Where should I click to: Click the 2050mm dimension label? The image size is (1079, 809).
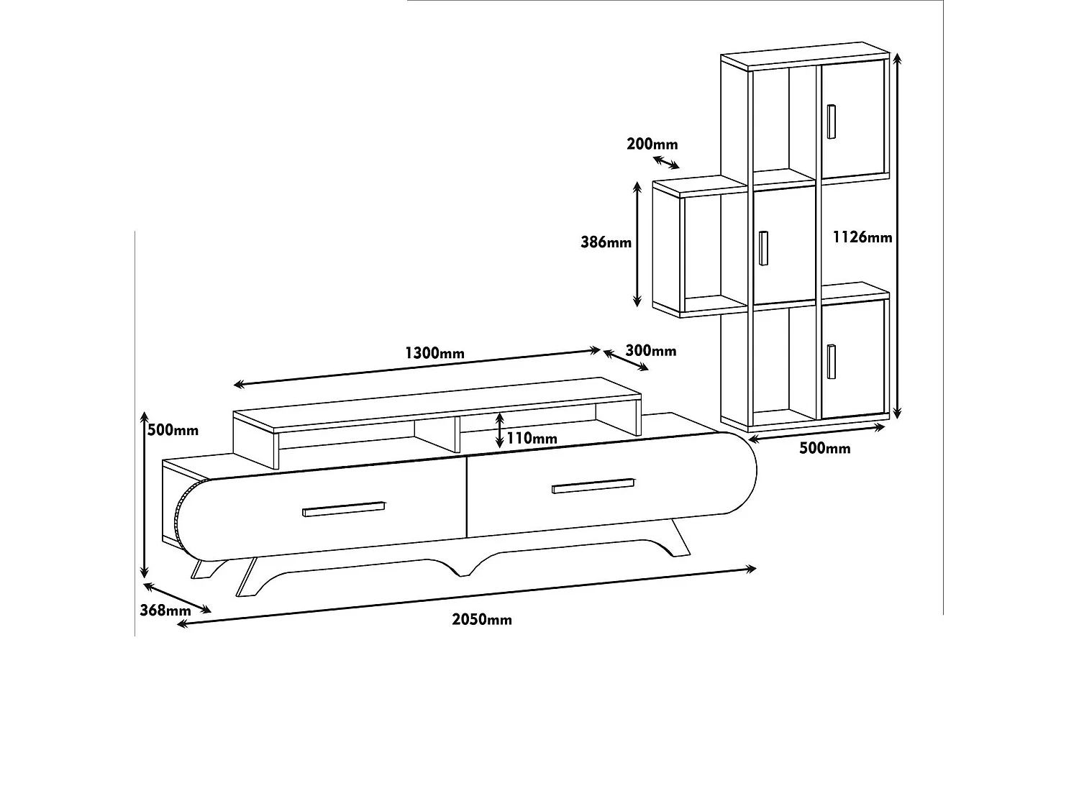(482, 619)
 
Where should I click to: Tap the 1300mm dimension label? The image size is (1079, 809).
(434, 353)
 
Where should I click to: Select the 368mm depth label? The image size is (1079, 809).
(165, 610)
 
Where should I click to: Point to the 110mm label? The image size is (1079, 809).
(531, 438)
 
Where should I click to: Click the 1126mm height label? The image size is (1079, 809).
(862, 237)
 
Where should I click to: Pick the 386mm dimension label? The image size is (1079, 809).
(606, 242)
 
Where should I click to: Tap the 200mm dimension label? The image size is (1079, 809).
(652, 144)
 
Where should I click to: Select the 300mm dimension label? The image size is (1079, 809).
(651, 350)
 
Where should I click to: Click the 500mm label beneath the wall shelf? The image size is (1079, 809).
(824, 449)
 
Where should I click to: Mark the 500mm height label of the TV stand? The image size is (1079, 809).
(173, 430)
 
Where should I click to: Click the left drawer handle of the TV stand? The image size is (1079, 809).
(343, 509)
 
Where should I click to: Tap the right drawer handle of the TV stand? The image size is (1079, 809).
(593, 485)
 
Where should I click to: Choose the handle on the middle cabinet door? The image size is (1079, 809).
(763, 248)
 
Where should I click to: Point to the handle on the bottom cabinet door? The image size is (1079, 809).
(832, 361)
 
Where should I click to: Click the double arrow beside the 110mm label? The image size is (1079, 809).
(499, 431)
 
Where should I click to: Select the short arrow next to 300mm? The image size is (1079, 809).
(625, 361)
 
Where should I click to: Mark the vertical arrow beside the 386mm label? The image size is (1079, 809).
(637, 244)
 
